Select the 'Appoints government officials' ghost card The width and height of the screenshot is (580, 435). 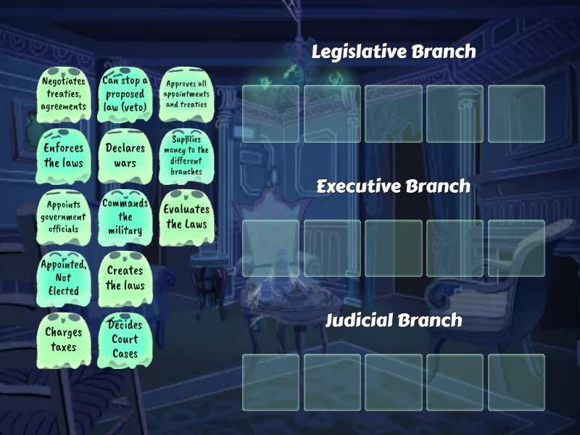click(63, 217)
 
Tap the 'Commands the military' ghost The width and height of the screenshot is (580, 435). click(125, 217)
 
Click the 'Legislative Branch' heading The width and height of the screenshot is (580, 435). click(394, 51)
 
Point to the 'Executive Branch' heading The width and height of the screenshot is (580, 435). click(394, 186)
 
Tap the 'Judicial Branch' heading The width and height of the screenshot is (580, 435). click(394, 320)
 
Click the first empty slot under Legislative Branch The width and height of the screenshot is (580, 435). click(270, 113)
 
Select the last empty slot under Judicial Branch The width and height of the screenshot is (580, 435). click(516, 382)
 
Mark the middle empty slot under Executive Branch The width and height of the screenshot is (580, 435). click(394, 248)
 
